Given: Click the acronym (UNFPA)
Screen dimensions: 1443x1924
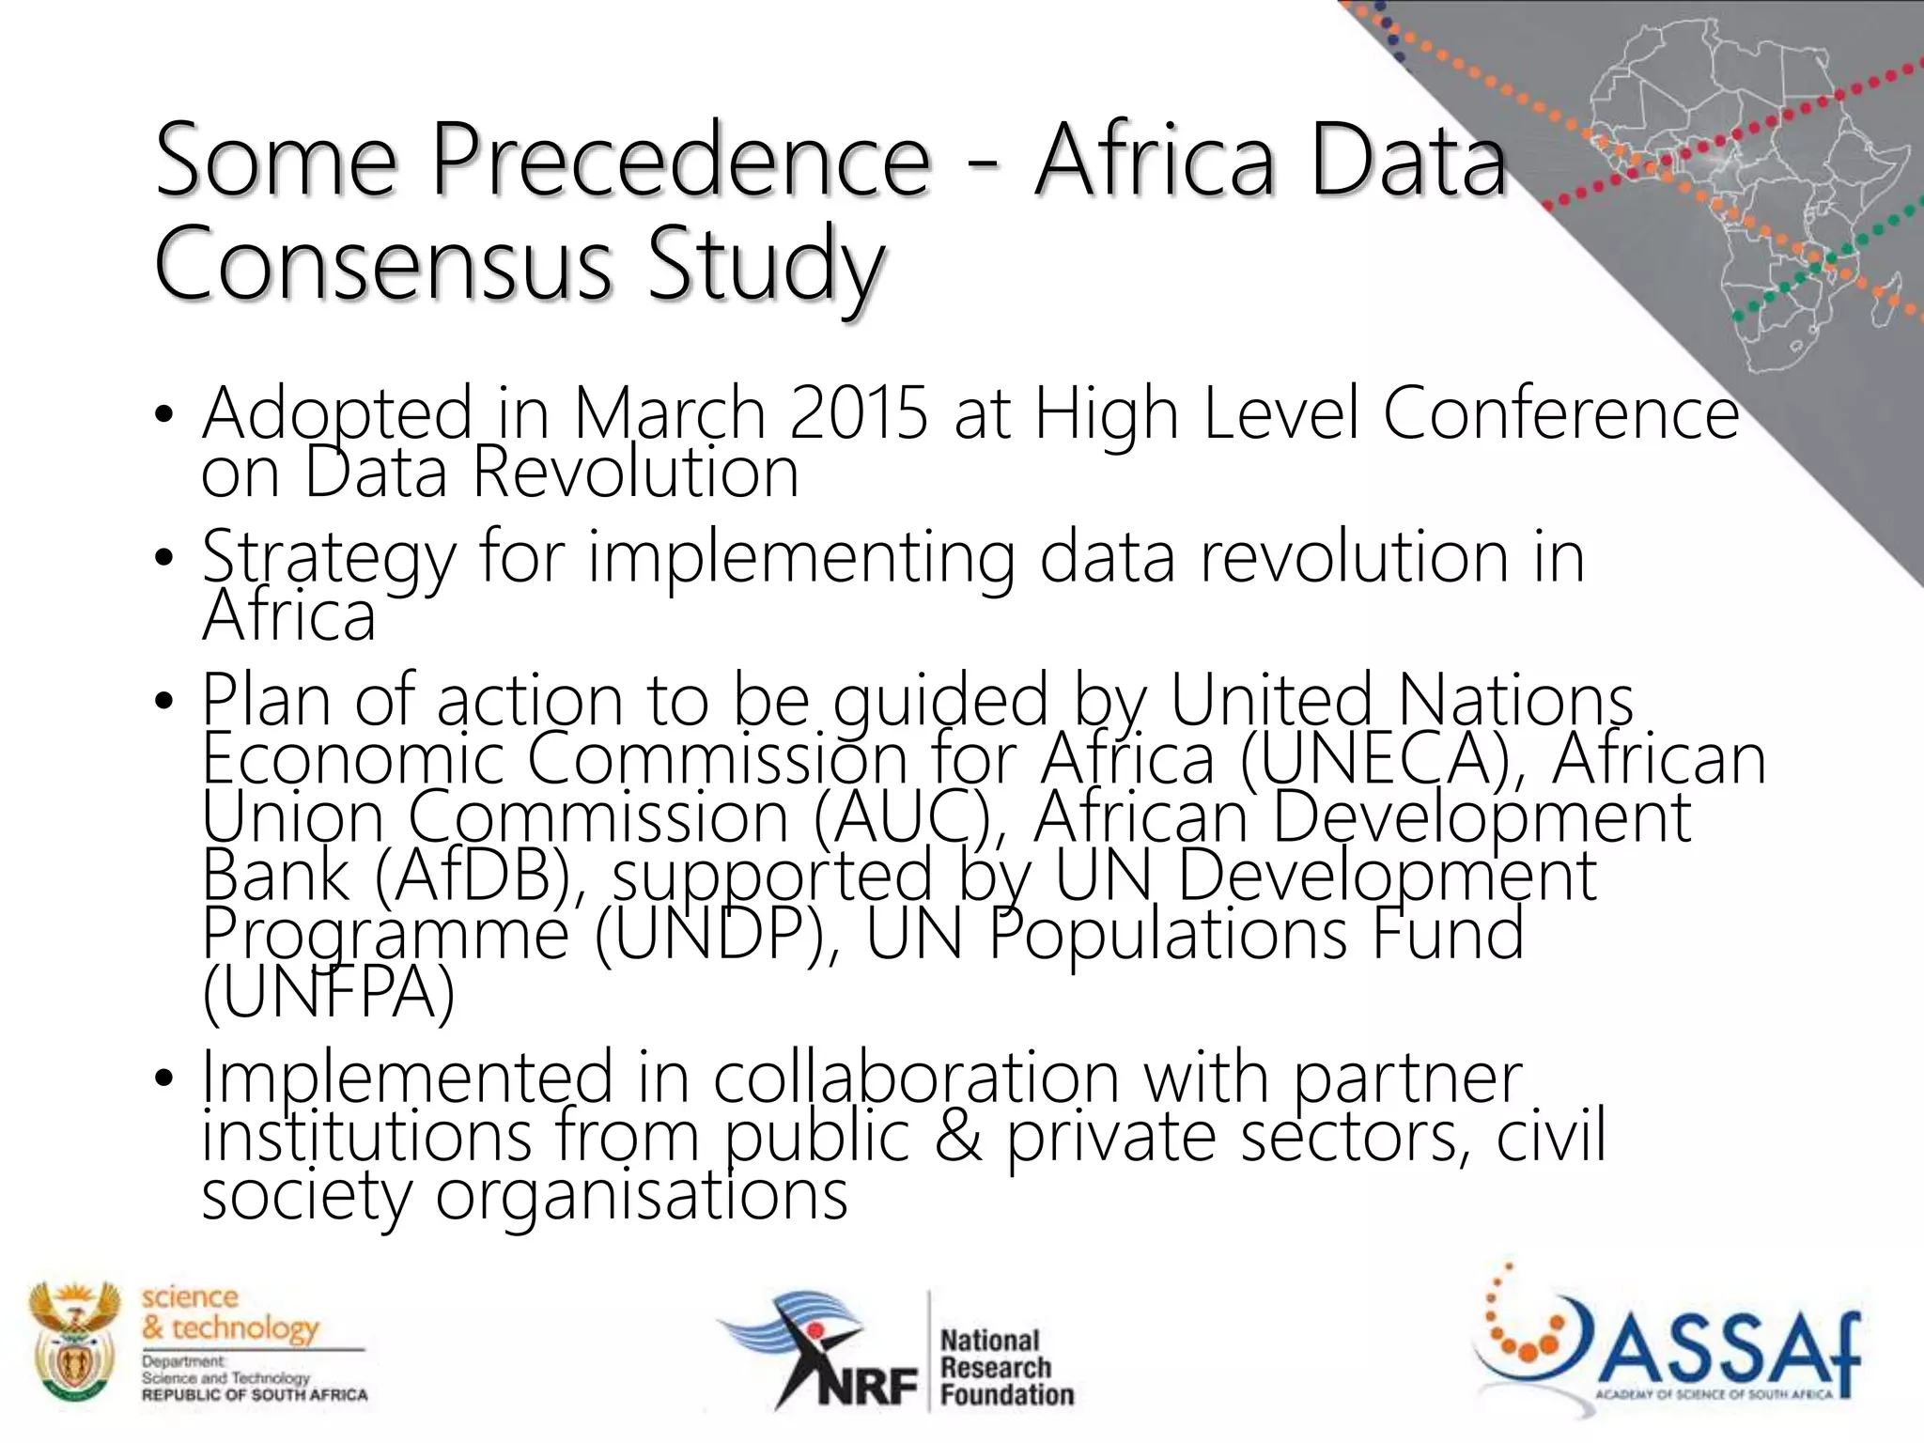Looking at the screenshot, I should pyautogui.click(x=328, y=992).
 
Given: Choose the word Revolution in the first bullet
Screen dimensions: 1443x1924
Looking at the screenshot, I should pyautogui.click(x=635, y=473).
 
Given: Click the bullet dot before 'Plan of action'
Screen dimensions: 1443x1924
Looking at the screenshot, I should pyautogui.click(x=164, y=702).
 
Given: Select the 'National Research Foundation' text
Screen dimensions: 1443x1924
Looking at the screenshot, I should pyautogui.click(x=1005, y=1367).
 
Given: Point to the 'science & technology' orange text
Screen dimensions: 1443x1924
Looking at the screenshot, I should pyautogui.click(x=230, y=1312).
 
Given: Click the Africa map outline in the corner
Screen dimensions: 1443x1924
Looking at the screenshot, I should pyautogui.click(x=1747, y=188).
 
